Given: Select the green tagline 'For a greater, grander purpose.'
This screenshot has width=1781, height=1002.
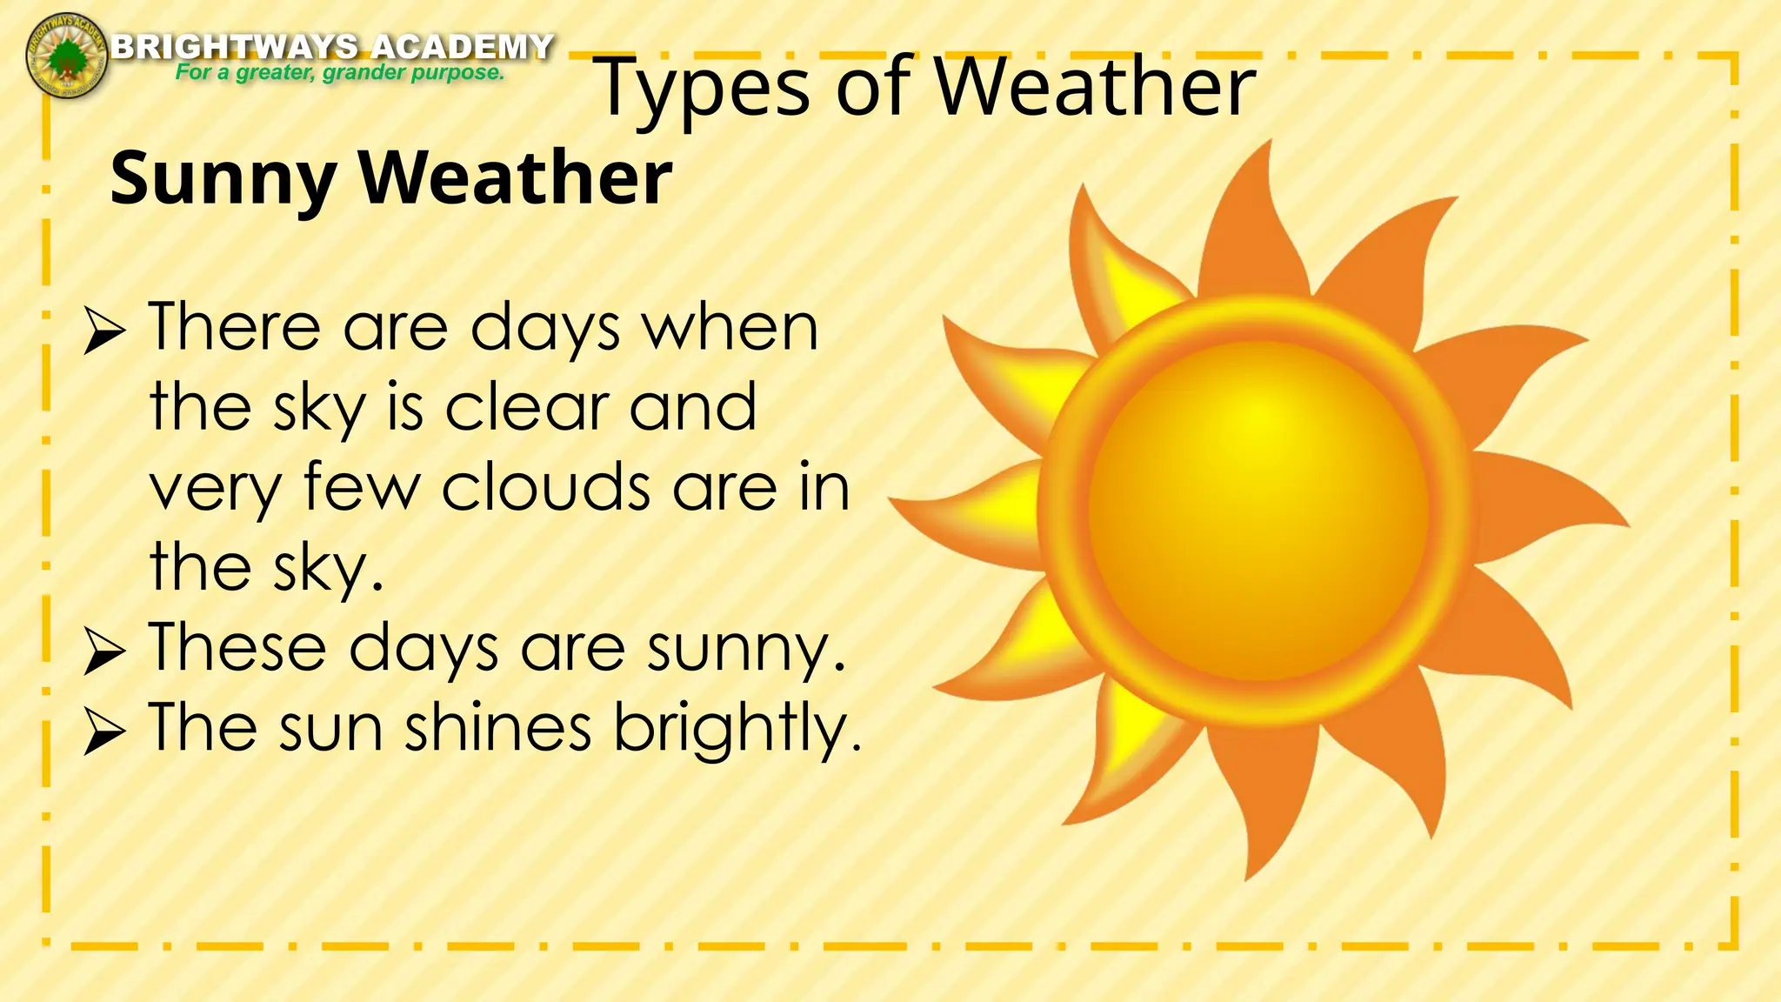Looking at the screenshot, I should [340, 72].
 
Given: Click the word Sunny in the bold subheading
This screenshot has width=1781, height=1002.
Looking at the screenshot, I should [223, 179].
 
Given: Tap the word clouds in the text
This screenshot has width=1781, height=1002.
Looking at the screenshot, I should [546, 487].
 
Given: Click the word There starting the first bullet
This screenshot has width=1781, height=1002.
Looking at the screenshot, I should [235, 327].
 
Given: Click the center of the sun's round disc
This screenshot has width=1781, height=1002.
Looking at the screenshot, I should [1257, 511].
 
